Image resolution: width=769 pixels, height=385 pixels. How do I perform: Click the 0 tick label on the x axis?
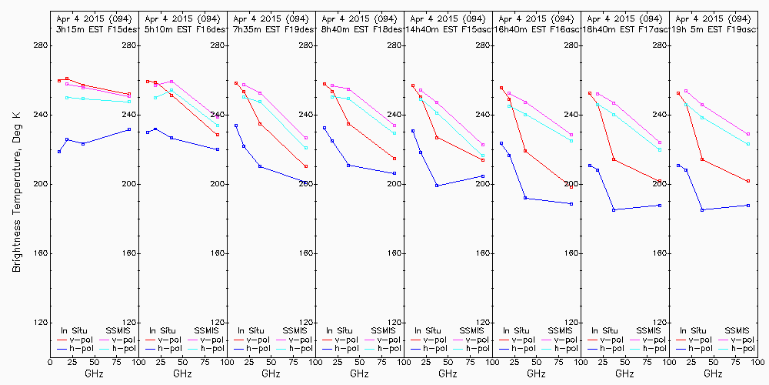click(51, 359)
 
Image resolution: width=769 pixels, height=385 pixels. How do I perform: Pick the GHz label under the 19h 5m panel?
click(713, 373)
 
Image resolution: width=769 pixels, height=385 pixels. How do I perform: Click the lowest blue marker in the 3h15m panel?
click(59, 152)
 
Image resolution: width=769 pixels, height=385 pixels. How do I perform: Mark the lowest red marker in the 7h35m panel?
click(306, 166)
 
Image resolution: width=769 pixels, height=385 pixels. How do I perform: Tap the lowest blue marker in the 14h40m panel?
click(437, 186)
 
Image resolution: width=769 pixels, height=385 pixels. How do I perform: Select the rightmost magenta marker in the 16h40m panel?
click(571, 135)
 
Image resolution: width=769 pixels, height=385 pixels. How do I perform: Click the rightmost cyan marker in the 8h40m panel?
click(394, 133)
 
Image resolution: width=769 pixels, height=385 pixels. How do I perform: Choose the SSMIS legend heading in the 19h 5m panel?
click(738, 330)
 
